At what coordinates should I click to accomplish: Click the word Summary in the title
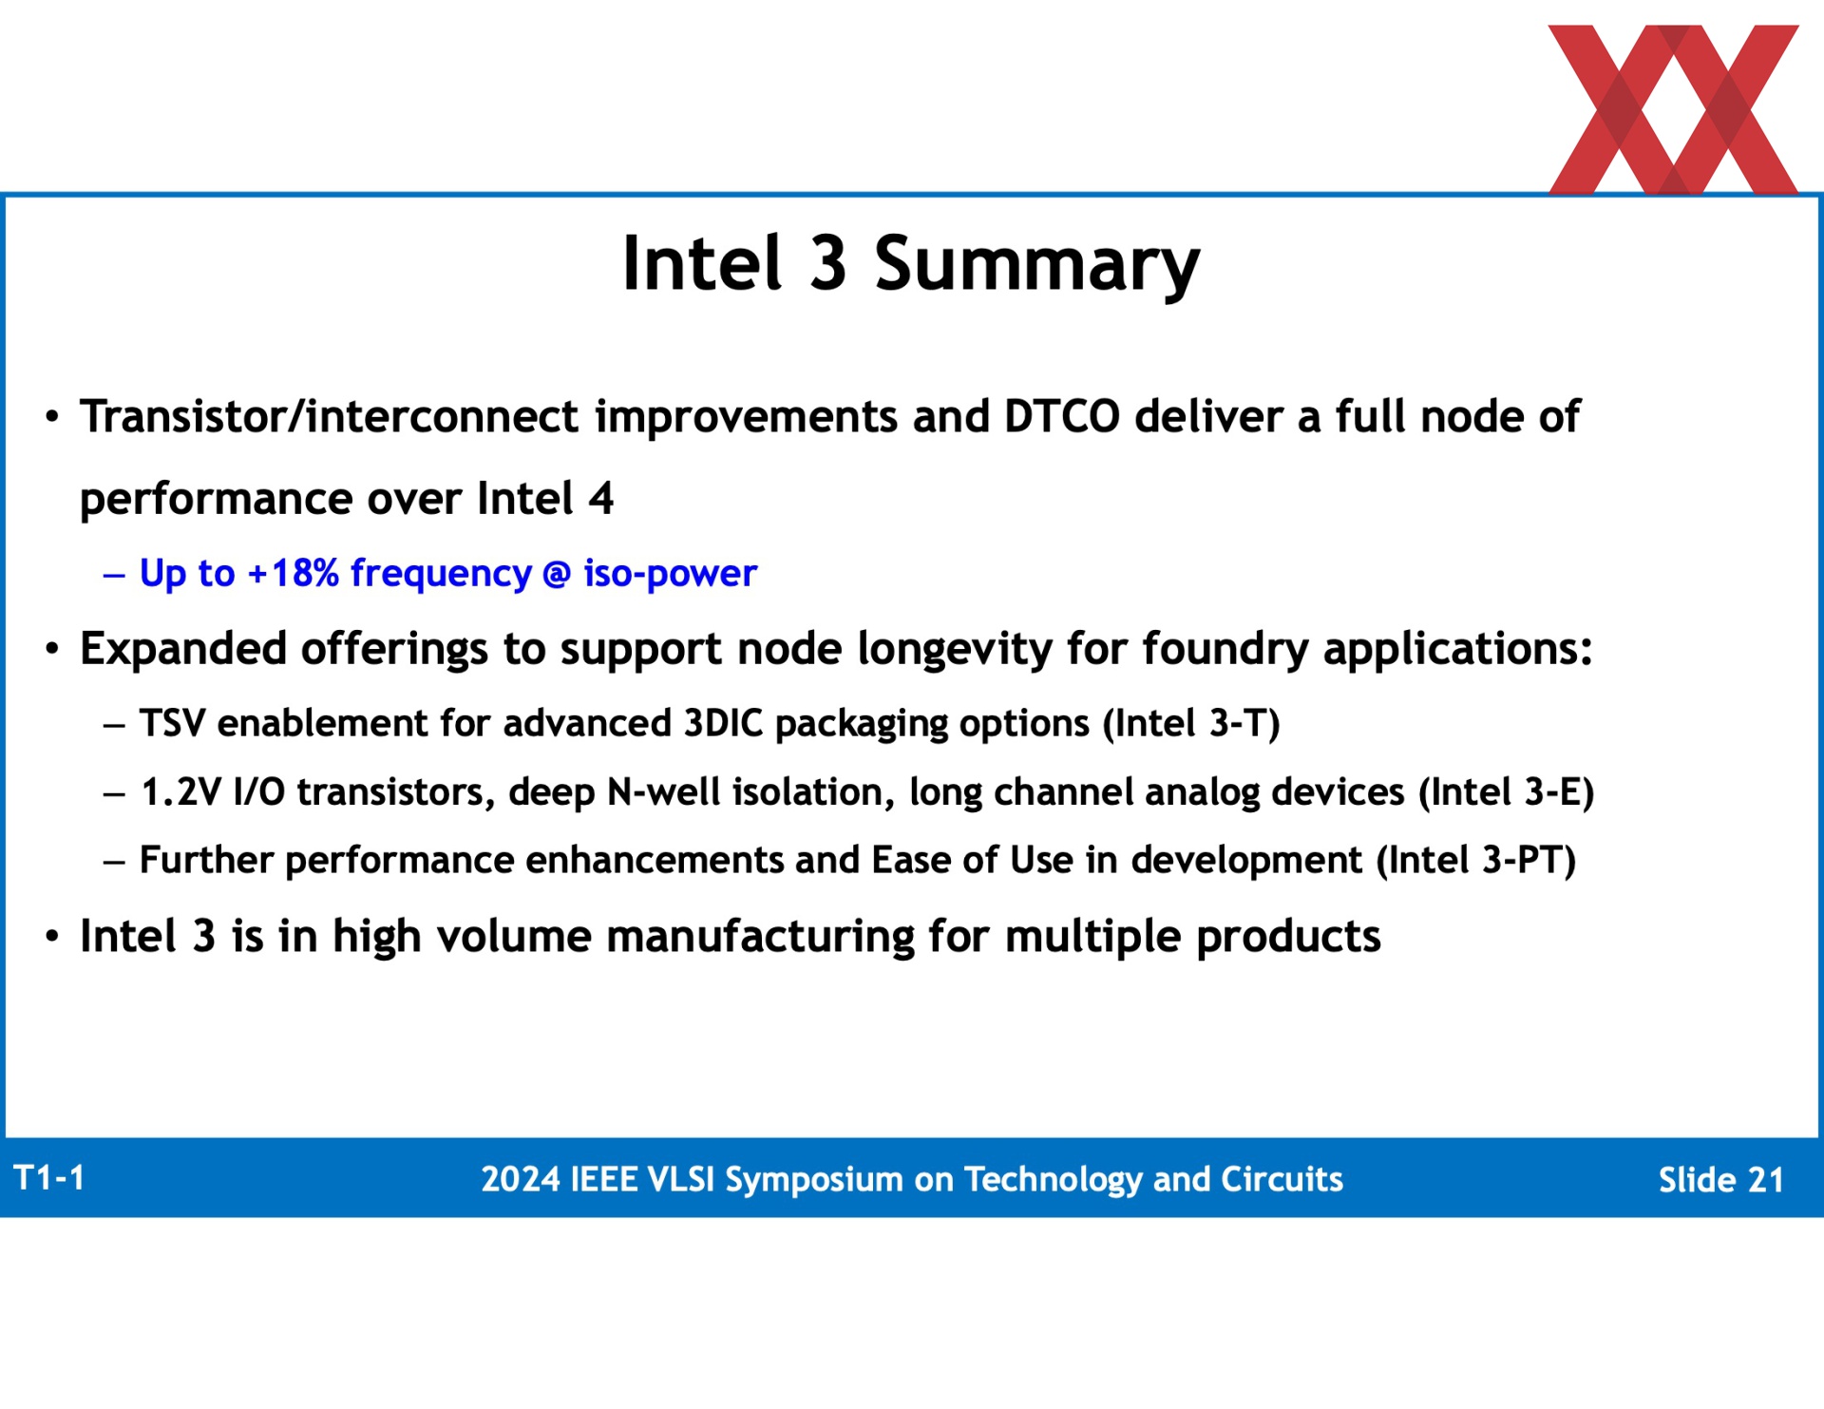(1036, 265)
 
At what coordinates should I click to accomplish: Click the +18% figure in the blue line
(293, 573)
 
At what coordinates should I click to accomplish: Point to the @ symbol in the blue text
(557, 574)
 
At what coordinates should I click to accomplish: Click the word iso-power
(670, 574)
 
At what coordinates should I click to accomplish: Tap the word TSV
(172, 723)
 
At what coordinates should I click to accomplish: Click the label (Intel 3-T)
(1191, 724)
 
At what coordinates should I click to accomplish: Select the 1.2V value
(180, 791)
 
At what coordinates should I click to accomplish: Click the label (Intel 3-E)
(1506, 792)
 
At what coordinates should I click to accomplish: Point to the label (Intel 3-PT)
(1476, 861)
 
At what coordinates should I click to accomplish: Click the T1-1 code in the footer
(49, 1178)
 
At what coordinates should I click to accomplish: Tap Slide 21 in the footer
(1720, 1180)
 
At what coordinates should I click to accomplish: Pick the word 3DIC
(723, 723)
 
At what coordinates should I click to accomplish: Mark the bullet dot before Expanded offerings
(52, 650)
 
